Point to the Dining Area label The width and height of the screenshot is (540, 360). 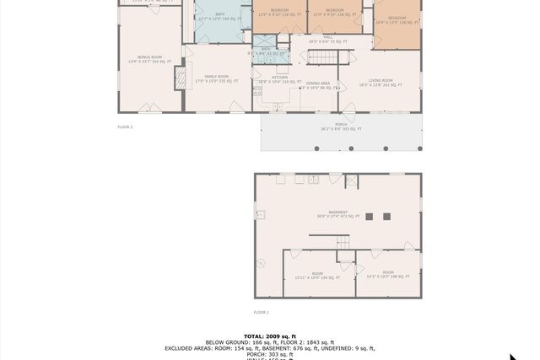coord(318,85)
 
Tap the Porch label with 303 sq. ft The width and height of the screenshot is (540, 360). coord(341,128)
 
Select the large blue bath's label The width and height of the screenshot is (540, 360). coord(220,16)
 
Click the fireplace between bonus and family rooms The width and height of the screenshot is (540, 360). coord(179,78)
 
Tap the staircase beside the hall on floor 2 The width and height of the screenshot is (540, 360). coord(321,56)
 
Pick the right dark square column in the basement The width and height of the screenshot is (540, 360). coord(386,216)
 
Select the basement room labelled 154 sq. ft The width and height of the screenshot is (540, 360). coord(317,275)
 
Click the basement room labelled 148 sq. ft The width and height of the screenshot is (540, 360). coord(387,274)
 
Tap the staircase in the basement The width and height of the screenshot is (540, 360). coord(343,242)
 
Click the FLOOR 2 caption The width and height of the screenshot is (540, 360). coord(125,126)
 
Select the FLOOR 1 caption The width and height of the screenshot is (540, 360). coord(262,312)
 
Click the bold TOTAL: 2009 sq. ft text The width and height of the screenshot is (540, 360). coord(269,336)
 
